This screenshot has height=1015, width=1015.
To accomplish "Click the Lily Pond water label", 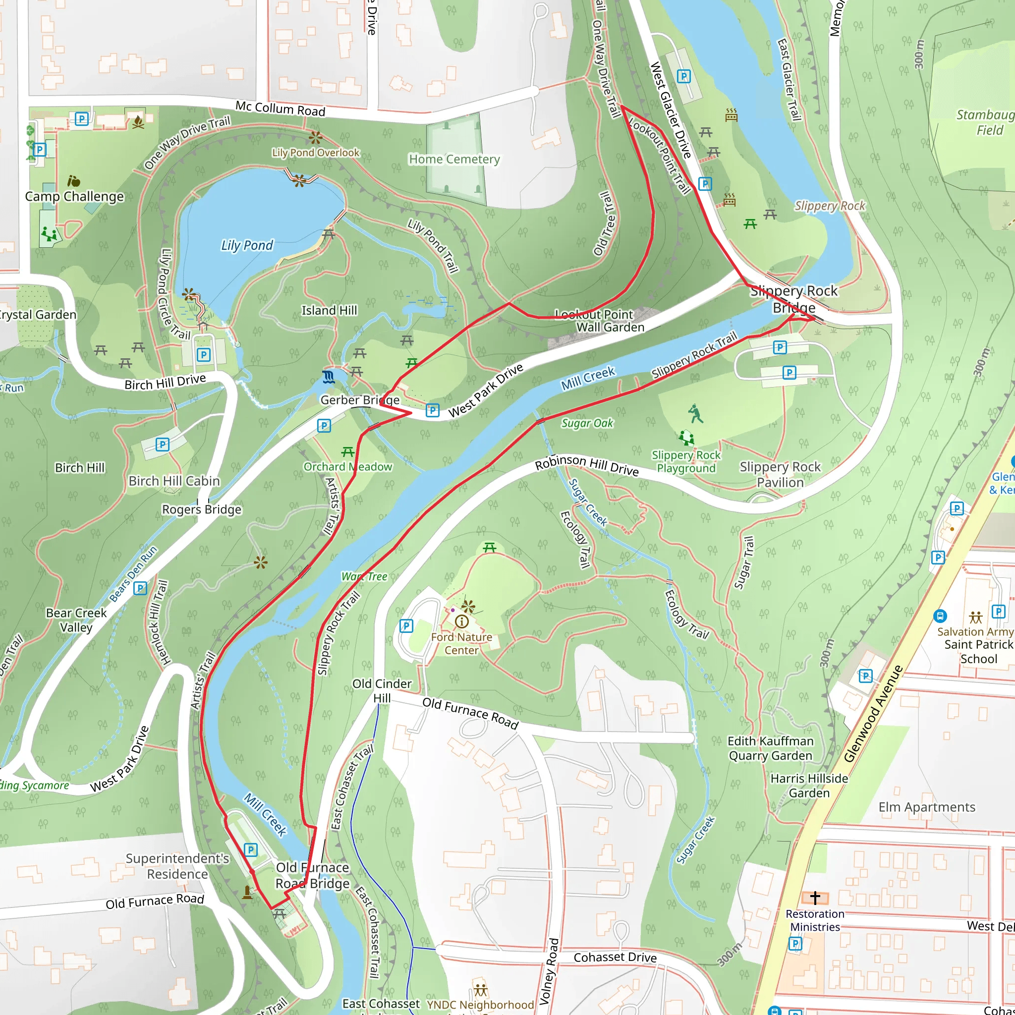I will pos(247,245).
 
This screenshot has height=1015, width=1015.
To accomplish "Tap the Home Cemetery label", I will pos(454,159).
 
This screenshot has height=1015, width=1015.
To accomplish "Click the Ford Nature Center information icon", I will pos(462,621).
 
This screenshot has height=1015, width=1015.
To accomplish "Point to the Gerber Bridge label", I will pos(360,400).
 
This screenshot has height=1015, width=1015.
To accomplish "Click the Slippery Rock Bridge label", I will pos(794,299).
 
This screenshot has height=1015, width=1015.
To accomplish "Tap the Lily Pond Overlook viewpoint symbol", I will pos(315,138).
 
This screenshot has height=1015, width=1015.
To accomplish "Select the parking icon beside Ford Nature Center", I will pos(406,626).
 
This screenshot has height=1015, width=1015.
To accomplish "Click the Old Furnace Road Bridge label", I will pos(313,875).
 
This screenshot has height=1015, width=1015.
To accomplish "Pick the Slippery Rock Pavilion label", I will pos(780,474).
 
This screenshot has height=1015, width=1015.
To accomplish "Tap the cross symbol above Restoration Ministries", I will pos(815,898).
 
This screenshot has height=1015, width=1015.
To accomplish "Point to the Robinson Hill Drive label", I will pos(586,465).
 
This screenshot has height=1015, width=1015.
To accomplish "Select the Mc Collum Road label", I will pos(280,108).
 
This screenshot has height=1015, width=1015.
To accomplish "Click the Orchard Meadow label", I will pos(348,466).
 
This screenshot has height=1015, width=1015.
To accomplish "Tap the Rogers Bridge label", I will pos(202,509).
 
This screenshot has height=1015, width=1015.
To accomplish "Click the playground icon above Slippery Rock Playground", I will pos(685,438).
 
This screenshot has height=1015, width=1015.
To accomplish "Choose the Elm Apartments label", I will pos(927,807).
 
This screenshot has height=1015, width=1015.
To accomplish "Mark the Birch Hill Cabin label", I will pos(174,481).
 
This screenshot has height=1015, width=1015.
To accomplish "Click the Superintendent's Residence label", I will pos(177,866).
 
